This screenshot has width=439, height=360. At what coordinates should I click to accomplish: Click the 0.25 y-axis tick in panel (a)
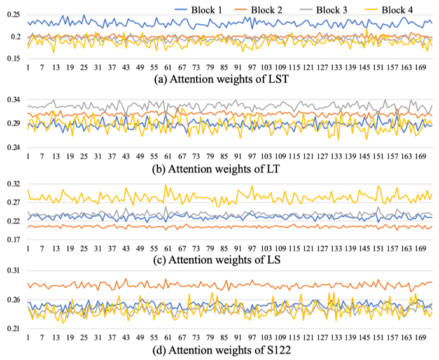(x=12, y=15)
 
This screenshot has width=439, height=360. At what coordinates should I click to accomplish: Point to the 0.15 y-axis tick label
(x=12, y=57)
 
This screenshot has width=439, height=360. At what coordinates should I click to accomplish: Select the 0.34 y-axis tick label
(x=12, y=100)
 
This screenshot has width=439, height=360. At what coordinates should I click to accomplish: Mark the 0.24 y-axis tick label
(x=12, y=147)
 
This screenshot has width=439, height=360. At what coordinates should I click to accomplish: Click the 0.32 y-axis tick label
(x=12, y=184)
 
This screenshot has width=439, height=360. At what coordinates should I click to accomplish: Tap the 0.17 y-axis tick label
(x=12, y=239)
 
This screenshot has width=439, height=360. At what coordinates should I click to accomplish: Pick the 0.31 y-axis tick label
(x=12, y=271)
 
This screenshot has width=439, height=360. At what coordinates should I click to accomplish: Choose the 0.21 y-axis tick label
(x=12, y=329)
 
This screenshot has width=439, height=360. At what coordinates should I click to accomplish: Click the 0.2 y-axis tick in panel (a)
(x=15, y=36)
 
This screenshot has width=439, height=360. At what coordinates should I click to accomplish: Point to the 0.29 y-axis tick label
(x=12, y=124)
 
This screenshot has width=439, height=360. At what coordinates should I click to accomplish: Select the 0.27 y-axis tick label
(x=12, y=202)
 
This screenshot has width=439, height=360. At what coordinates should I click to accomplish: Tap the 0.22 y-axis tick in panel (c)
(x=12, y=221)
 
